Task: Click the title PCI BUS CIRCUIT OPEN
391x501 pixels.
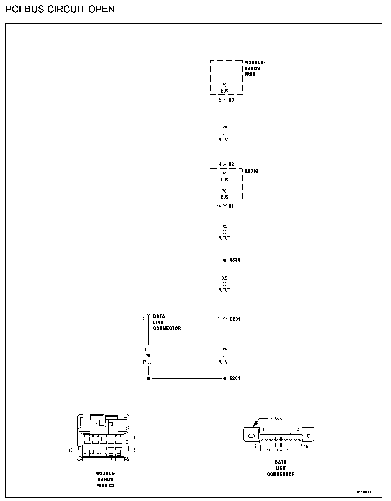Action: pos(60,10)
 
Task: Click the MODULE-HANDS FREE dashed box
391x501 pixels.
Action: pos(226,77)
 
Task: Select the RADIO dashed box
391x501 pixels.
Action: pos(226,185)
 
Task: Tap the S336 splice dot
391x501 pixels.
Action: pos(225,260)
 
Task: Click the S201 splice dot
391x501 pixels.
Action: pos(225,378)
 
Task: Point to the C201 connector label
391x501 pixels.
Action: pos(235,319)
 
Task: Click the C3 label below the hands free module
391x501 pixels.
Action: pos(231,100)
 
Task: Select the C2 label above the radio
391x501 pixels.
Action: pos(231,164)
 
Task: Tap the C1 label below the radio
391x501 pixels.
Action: pos(231,206)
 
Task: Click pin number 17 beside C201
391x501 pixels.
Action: pos(218,319)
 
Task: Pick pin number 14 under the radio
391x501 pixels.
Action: pos(219,206)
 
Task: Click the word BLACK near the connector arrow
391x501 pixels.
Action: pos(276,419)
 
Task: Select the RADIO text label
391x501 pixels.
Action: pos(251,171)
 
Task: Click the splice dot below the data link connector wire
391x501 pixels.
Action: pos(148,378)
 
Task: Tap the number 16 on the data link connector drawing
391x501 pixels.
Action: pos(306,446)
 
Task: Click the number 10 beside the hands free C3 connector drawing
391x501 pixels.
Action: pos(70,450)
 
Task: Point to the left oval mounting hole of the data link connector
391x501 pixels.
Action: pos(251,436)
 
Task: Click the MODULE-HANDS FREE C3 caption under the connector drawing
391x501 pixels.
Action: pos(105,479)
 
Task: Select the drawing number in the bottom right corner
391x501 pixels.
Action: pos(364,492)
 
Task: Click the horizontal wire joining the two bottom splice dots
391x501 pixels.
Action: pos(186,378)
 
